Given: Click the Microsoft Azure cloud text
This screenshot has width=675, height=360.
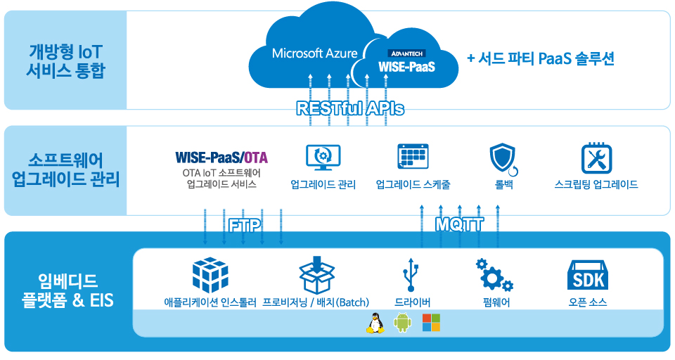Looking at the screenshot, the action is [315, 53].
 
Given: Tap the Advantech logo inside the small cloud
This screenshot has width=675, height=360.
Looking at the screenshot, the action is [406, 53].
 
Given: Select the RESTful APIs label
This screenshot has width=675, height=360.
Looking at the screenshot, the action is [350, 108].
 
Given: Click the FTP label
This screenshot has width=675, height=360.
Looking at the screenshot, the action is [245, 225].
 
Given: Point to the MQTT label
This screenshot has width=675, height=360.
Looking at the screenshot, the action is [459, 224].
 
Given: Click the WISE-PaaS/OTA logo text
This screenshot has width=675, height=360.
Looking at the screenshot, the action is [221, 157].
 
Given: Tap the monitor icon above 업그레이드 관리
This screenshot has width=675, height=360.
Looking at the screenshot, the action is [323, 157].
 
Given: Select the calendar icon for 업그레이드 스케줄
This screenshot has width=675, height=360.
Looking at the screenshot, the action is [413, 157].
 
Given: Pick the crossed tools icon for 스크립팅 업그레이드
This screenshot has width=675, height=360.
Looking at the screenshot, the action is [596, 158].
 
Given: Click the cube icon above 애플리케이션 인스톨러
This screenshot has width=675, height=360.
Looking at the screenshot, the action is [210, 275].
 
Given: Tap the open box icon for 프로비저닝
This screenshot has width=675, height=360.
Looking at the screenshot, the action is [317, 275].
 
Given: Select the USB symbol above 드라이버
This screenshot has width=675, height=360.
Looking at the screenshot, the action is [410, 275].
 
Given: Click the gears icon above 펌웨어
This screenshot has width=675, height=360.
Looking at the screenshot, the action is [494, 275].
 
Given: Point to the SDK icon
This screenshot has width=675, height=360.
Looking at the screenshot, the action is [588, 275].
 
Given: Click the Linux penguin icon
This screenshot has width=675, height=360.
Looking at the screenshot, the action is [375, 323].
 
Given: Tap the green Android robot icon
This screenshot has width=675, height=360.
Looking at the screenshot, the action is [402, 323].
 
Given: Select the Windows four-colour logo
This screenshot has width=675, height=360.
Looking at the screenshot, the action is [431, 323].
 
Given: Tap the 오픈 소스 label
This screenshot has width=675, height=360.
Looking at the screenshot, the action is [588, 302].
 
